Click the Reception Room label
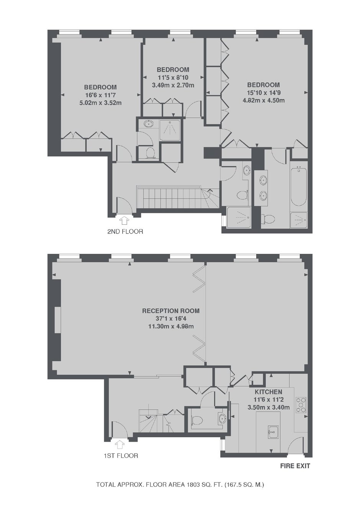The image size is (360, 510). (x=171, y=311)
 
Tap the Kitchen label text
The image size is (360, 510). (x=268, y=392)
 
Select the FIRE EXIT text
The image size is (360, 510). (x=295, y=466)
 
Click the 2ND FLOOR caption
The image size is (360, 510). (x=125, y=232)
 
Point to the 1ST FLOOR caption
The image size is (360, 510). (x=121, y=455)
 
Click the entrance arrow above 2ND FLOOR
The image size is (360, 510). (x=124, y=221)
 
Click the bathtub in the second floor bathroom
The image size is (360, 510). (x=299, y=185)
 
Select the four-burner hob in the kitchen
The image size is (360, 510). (x=301, y=405)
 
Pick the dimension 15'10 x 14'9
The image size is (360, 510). (x=263, y=93)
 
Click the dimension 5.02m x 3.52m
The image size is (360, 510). (x=100, y=103)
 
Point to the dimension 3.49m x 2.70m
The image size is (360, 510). (x=173, y=85)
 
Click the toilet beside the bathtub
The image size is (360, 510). (x=268, y=219)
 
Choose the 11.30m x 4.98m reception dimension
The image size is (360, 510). (x=171, y=326)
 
